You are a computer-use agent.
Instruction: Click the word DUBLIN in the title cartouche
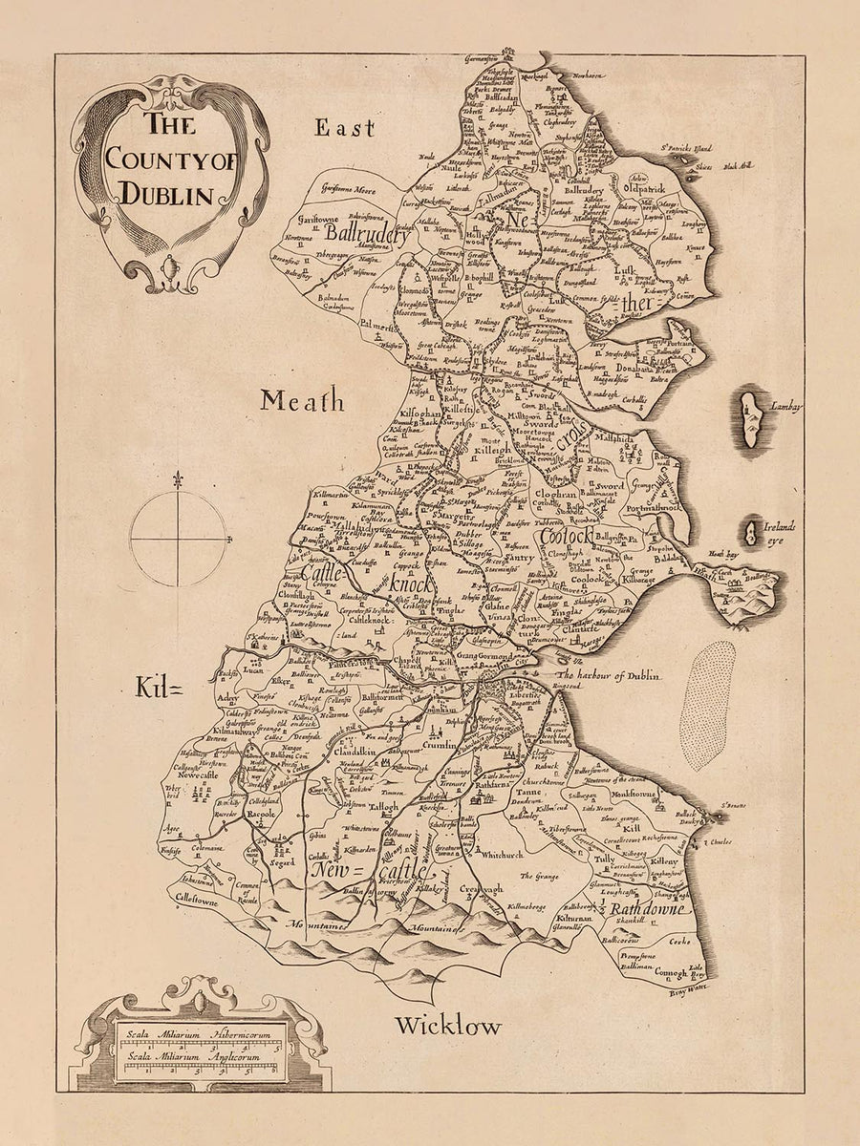(165, 195)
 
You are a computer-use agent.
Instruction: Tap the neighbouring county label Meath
(302, 401)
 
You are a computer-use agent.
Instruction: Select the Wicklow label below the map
(448, 1027)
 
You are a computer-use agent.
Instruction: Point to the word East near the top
(345, 127)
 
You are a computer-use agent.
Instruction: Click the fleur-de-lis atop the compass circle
(178, 480)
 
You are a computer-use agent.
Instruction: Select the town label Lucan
(252, 670)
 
